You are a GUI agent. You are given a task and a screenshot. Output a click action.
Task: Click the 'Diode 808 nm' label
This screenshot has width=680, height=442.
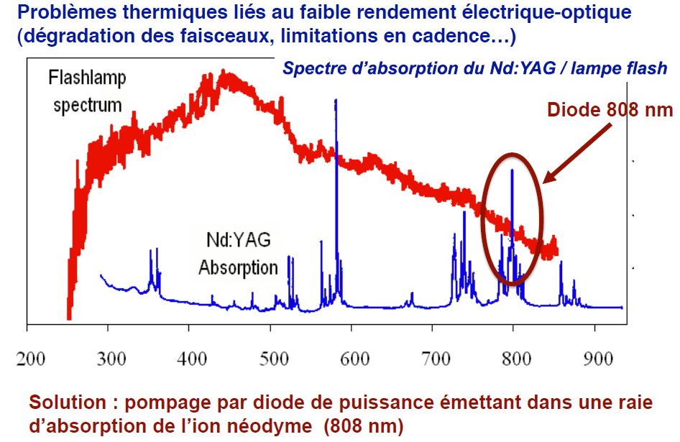point(610,111)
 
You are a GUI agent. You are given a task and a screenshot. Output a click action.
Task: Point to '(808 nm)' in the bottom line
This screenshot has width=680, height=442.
point(367,425)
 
